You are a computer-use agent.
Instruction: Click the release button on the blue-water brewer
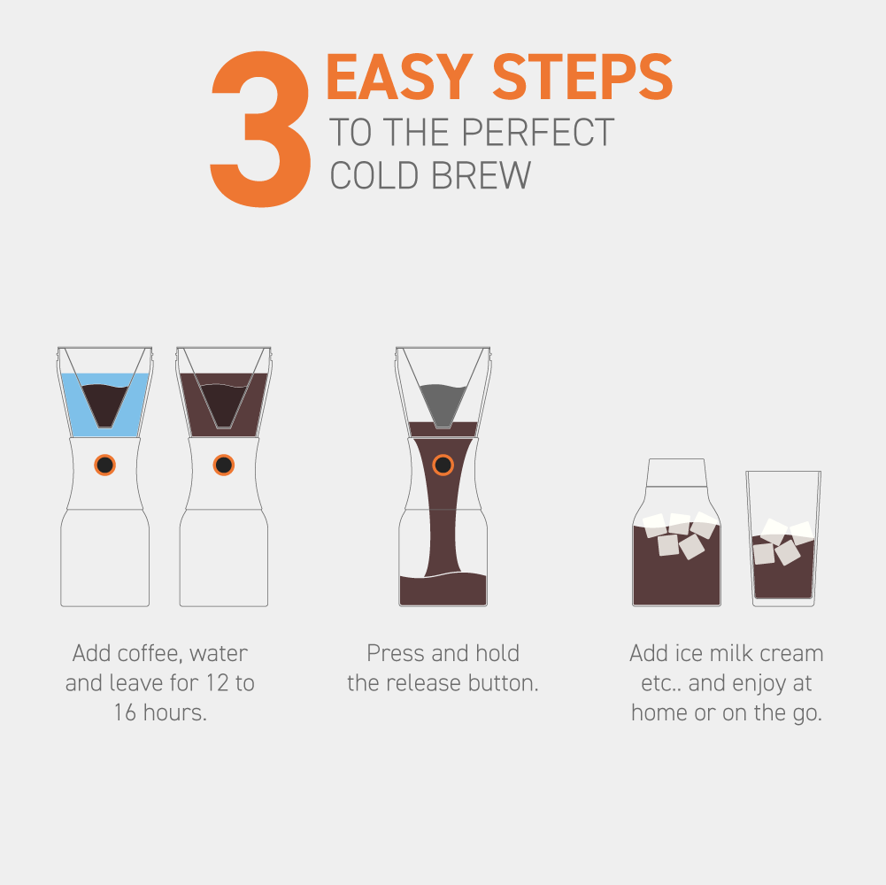point(104,465)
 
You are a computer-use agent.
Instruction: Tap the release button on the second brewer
point(223,465)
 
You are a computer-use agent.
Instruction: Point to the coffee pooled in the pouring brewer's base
point(443,590)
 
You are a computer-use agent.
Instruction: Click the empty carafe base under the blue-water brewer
point(104,558)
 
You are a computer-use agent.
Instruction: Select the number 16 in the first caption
point(126,713)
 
